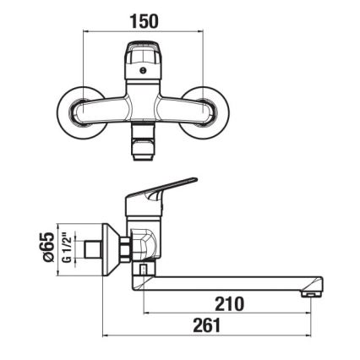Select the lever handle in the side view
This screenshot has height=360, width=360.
pyautogui.click(x=169, y=187)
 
